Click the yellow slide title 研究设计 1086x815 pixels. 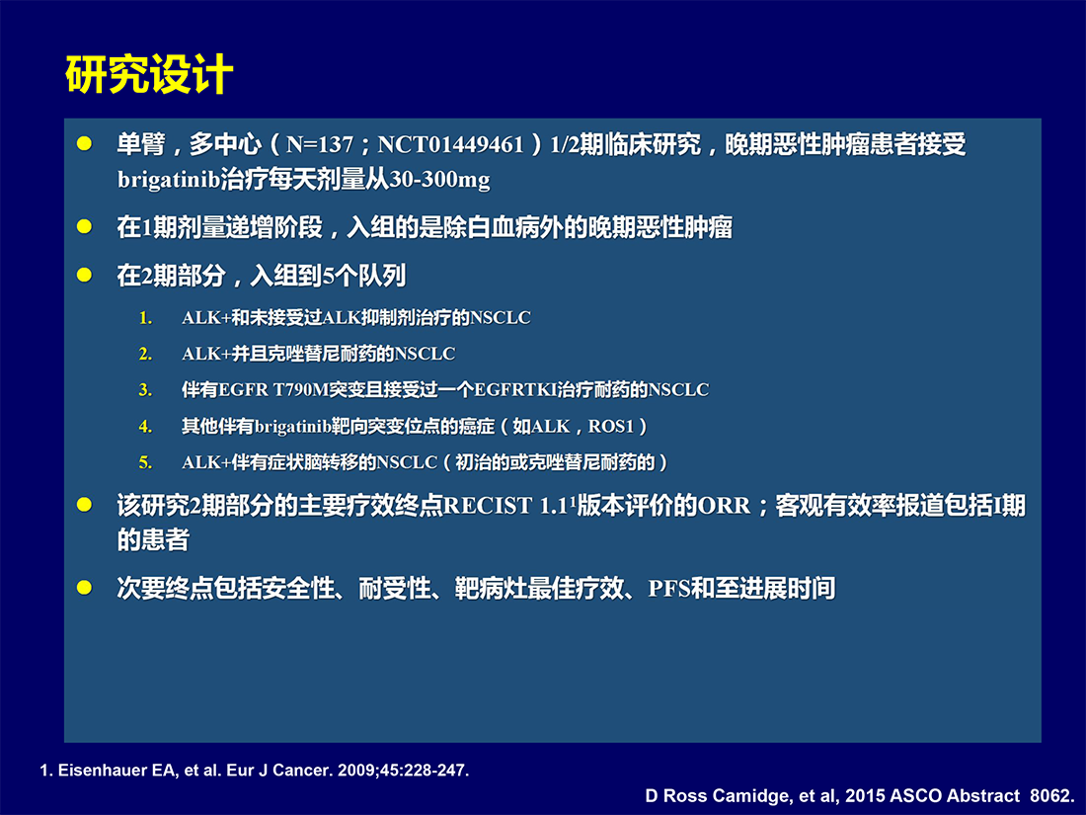coord(149,74)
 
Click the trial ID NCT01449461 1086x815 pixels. coord(450,144)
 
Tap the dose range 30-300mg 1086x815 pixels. coord(439,180)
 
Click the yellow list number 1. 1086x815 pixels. coord(145,318)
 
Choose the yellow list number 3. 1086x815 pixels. coord(145,390)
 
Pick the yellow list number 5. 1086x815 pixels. coord(145,462)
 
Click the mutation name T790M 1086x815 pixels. coord(300,390)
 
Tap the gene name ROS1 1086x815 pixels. coord(611,426)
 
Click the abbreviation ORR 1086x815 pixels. coord(724,505)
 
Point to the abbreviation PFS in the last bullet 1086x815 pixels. coord(669,589)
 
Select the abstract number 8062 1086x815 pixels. coord(1052,795)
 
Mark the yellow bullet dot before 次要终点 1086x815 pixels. coord(85,588)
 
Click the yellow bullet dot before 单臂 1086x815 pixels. coord(85,143)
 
